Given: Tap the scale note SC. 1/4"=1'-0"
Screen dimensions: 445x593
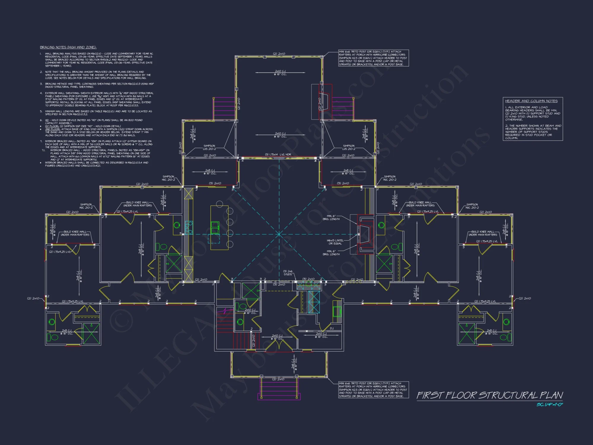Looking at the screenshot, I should [549, 405].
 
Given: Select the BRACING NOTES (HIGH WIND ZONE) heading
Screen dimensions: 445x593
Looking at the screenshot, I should [68, 47].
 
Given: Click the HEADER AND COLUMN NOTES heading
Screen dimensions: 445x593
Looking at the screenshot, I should [531, 101].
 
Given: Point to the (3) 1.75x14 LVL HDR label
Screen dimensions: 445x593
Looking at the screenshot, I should [278, 155].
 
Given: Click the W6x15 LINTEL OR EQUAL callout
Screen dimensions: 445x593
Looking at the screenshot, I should [335, 242].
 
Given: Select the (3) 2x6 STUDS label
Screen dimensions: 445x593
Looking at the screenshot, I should [288, 273].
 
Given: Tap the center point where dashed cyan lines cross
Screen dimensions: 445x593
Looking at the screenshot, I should [279, 234].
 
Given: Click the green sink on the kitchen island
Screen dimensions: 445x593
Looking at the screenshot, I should [215, 228].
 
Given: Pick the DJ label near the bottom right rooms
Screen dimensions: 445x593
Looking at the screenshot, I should [331, 328].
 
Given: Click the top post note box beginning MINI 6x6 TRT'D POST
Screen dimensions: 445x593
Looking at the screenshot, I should [373, 58].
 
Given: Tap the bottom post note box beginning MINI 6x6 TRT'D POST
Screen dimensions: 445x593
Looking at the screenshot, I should [373, 390].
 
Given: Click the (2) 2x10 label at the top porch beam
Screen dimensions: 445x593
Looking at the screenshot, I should [279, 54].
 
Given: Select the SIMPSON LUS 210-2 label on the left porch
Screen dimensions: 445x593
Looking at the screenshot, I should [209, 147].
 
